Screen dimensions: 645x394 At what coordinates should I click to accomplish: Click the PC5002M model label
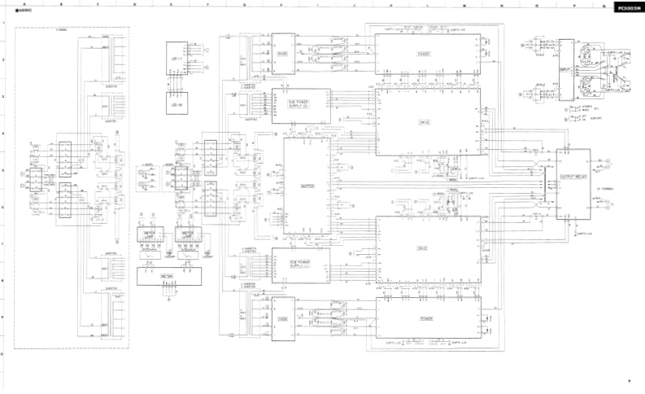629,7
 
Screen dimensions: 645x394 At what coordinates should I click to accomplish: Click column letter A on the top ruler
25,4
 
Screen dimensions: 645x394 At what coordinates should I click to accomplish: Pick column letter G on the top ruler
245,4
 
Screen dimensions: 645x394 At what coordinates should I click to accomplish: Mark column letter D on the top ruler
135,4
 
